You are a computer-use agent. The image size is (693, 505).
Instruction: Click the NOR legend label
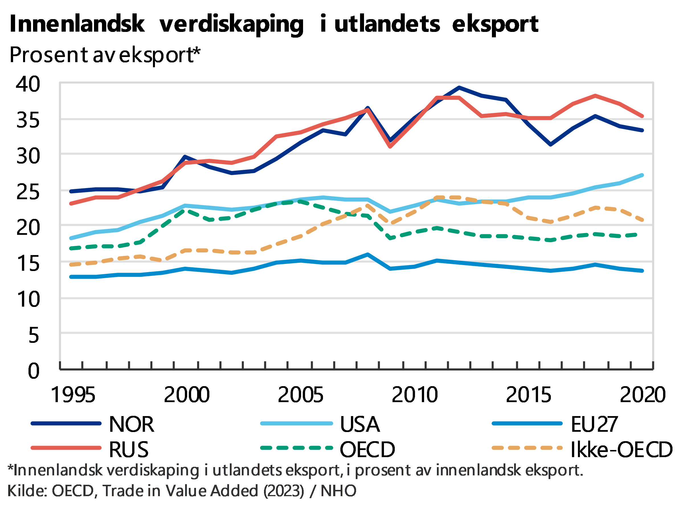coord(132,424)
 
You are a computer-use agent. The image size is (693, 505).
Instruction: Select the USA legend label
coord(360,424)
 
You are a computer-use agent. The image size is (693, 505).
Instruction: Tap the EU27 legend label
coord(594,424)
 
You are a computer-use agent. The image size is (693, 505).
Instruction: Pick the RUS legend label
coord(129,449)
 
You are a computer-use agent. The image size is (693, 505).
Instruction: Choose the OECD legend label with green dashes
coord(368,449)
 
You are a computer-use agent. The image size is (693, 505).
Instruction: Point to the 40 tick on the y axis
coord(28,84)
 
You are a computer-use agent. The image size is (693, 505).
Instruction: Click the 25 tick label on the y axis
coord(28,192)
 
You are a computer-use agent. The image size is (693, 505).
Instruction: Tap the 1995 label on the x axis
coord(73,394)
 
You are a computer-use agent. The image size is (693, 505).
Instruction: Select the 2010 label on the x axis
coord(415,394)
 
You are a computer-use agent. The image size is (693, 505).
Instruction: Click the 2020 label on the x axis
coord(642,394)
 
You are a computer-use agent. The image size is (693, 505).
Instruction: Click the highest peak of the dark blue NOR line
coord(459,87)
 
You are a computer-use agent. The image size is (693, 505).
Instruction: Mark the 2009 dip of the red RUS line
coord(390,146)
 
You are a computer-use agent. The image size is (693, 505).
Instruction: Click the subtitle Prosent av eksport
coord(104,55)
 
